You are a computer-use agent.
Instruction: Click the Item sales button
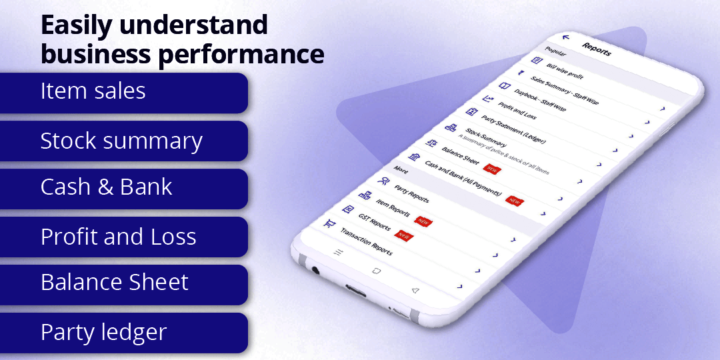(x=123, y=92)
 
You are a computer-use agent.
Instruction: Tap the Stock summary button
(x=123, y=141)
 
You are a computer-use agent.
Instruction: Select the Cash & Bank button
(x=123, y=188)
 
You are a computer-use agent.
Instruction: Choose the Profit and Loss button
(x=123, y=237)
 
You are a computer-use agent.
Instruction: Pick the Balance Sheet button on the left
(x=123, y=283)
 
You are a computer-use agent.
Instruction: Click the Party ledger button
(x=123, y=332)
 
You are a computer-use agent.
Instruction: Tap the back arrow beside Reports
(x=566, y=38)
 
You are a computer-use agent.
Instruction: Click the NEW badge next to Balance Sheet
(x=491, y=169)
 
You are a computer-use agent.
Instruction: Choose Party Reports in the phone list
(x=411, y=195)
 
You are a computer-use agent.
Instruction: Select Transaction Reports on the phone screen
(x=366, y=241)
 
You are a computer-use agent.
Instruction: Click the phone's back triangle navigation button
(x=415, y=291)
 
